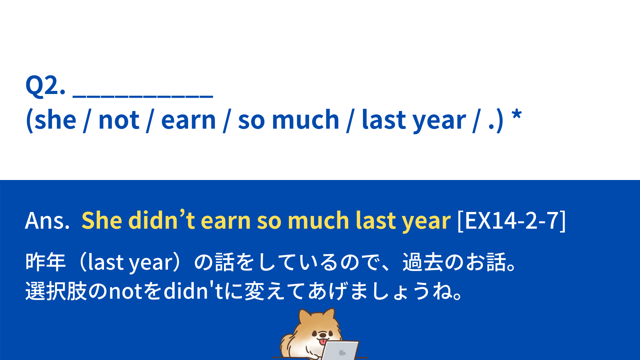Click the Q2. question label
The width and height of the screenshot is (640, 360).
coord(45,85)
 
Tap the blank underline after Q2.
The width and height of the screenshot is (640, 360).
coord(143,97)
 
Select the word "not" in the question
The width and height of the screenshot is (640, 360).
coord(119,120)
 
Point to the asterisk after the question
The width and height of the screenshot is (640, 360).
coord(517,115)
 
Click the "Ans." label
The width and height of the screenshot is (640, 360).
coord(47,221)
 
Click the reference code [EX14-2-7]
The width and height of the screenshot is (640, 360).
coord(512,220)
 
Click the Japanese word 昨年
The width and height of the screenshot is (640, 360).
coord(46,262)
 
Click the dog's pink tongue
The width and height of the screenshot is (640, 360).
coord(323,342)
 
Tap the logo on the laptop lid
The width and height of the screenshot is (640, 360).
coord(342,353)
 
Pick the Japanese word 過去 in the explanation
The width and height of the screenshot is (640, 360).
coord(423,262)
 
